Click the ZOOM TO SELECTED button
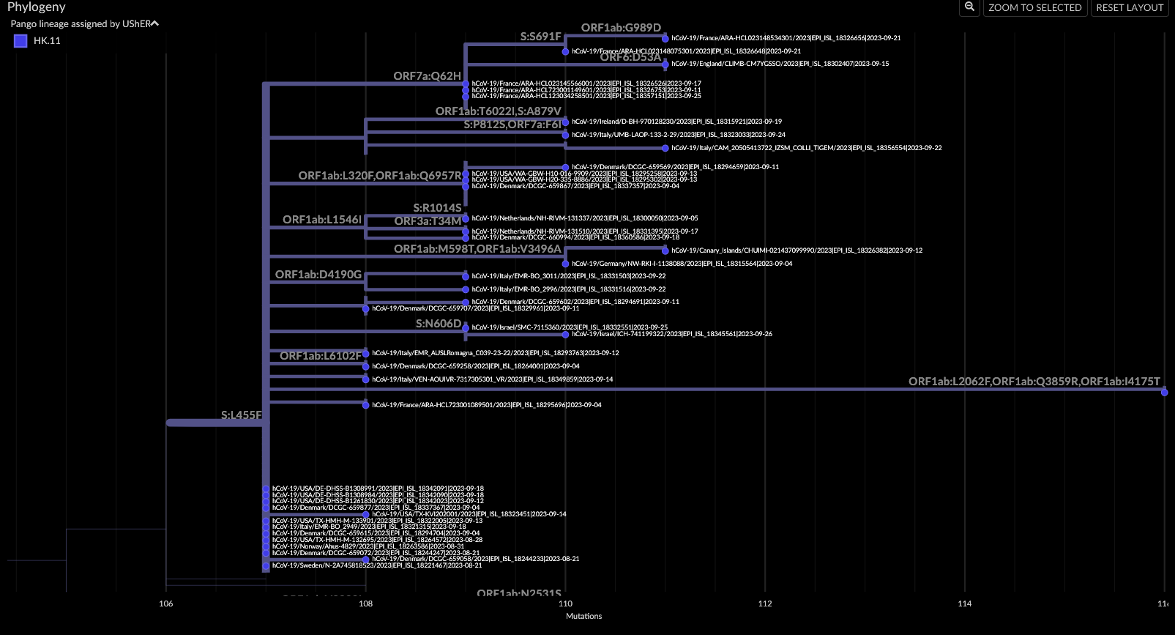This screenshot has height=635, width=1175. point(1034,7)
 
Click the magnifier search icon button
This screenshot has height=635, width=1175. point(969,7)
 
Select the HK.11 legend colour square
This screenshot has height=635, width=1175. point(20,41)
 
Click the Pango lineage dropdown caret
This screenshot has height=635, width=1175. point(154,24)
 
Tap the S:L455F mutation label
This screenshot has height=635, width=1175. point(241,415)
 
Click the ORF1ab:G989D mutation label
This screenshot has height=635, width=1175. point(621,28)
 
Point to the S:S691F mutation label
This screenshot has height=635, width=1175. point(540,37)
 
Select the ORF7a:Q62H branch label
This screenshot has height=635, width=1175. point(427,76)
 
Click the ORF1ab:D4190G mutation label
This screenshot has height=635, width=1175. point(318,275)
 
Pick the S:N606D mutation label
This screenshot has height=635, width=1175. point(438,324)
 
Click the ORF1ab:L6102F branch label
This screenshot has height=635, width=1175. point(320,356)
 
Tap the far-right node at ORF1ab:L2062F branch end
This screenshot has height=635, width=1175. point(1164,393)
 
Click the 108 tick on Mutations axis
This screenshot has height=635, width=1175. point(365,604)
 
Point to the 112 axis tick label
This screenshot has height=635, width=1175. point(764,604)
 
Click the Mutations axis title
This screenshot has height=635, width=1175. point(583,616)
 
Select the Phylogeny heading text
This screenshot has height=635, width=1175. point(37,7)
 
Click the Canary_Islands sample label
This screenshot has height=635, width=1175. point(797,250)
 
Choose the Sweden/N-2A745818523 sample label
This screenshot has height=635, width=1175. point(376,565)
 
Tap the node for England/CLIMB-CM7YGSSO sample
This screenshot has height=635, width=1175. point(665,64)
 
